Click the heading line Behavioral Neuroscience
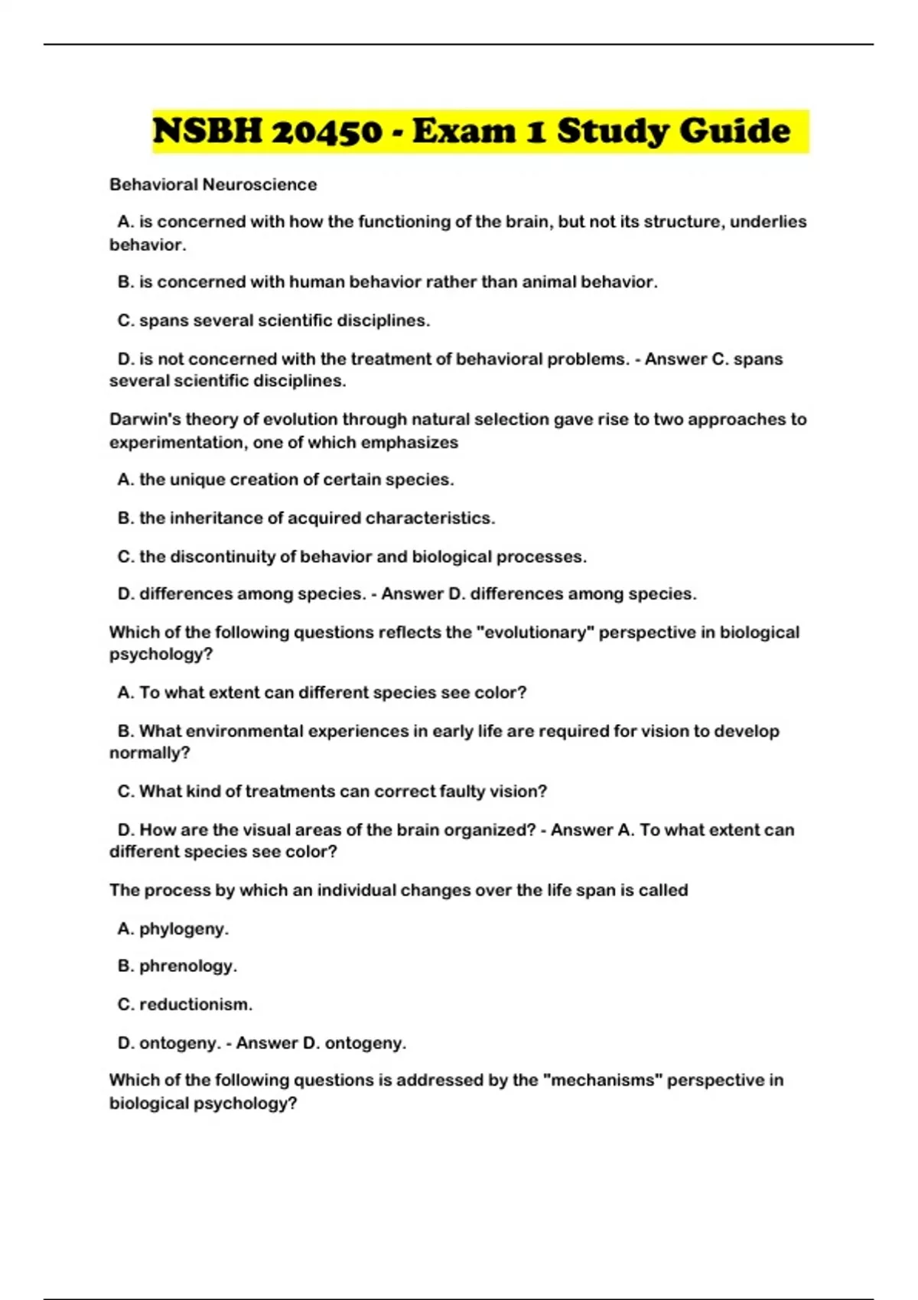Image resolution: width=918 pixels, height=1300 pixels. (x=213, y=184)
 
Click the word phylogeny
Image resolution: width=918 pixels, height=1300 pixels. (x=183, y=929)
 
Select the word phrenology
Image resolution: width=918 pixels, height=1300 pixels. (x=187, y=967)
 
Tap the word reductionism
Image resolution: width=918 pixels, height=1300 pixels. (x=195, y=1005)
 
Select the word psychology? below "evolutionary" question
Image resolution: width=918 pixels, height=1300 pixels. (x=161, y=655)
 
